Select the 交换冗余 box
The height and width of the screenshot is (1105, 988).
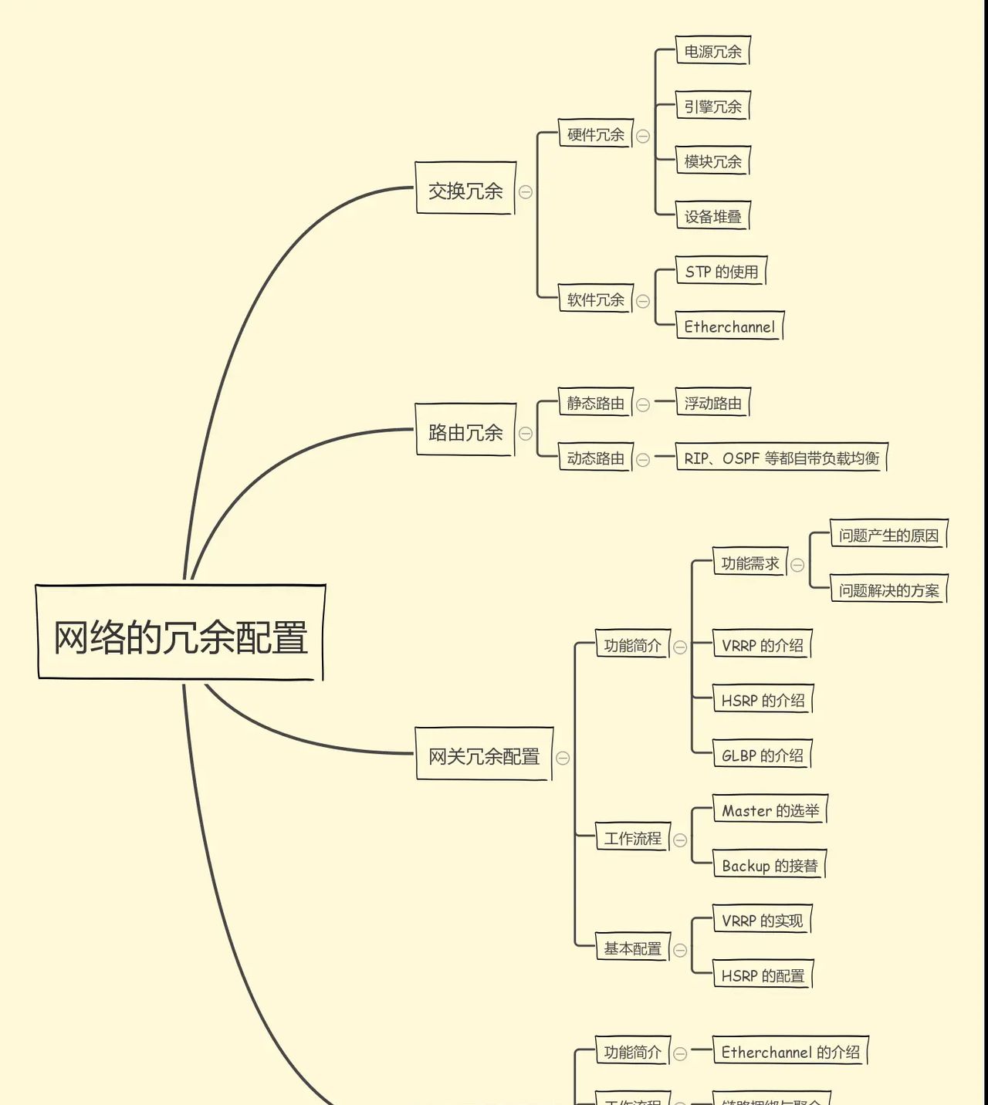tap(465, 189)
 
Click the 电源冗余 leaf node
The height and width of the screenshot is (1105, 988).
tap(712, 51)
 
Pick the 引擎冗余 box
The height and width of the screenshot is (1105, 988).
tap(712, 106)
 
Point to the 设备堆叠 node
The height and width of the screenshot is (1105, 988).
tap(712, 216)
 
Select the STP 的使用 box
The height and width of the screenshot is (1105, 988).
tap(721, 271)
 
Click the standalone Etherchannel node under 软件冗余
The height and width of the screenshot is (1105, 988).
tap(729, 326)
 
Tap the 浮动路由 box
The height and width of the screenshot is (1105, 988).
tap(712, 403)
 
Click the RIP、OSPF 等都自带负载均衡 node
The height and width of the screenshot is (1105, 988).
tap(781, 458)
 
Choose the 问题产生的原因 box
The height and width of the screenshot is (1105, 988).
tap(888, 535)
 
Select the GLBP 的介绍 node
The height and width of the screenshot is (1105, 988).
tap(762, 755)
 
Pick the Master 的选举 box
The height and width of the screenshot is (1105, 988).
tap(770, 810)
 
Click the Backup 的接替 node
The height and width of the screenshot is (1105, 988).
tap(769, 865)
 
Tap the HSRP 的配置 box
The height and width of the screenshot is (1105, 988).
tap(762, 975)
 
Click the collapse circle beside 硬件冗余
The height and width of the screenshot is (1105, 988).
tap(642, 136)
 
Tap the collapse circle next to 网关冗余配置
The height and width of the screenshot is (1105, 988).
tap(563, 758)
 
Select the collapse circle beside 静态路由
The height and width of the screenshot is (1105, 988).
tap(642, 404)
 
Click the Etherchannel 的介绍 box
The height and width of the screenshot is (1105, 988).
tap(790, 1052)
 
